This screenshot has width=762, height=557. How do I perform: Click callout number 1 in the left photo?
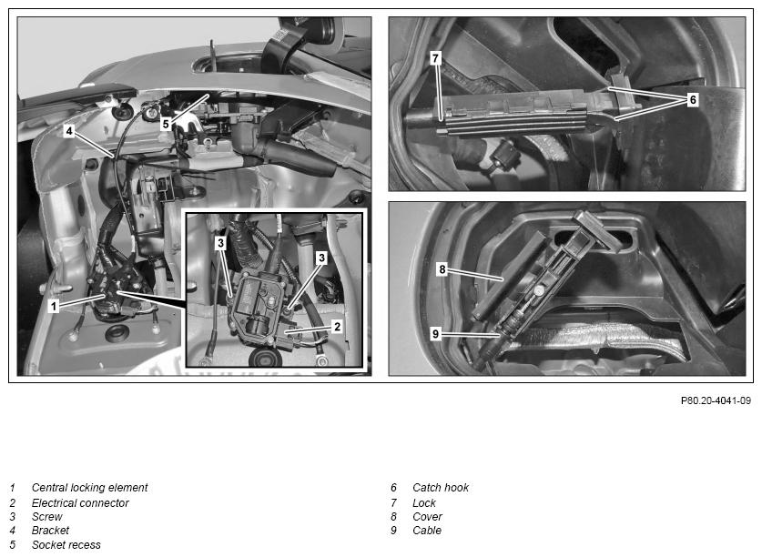pos(54,306)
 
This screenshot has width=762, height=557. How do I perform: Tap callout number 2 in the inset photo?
pos(337,326)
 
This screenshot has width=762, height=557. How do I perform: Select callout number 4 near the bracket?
pos(69,131)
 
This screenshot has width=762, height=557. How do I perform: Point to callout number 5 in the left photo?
pos(166,124)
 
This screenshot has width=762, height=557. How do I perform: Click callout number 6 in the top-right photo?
pos(693,99)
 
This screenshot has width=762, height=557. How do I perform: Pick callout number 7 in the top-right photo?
pos(435,58)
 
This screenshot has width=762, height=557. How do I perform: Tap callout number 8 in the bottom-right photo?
pos(442,268)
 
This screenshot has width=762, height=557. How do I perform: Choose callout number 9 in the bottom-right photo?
pos(435,334)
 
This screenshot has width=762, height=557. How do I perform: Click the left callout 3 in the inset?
pos(220,242)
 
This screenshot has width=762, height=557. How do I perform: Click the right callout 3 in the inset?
pos(321,258)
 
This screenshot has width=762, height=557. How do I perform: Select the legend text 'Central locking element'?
pos(89,488)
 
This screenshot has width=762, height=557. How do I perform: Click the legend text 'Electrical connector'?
pos(80,503)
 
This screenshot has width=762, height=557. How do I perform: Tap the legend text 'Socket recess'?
pos(66,545)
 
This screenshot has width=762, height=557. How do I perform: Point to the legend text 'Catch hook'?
pos(441,488)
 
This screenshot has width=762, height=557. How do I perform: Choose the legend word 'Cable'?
pos(427,531)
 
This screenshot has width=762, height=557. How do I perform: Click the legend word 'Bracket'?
pos(51,531)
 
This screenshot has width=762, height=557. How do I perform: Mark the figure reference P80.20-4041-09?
pos(716,400)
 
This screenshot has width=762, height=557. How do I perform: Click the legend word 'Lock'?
pos(424,503)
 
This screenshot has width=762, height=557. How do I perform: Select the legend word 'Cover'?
pos(427,517)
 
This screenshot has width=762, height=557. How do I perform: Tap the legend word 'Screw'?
pos(47,517)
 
